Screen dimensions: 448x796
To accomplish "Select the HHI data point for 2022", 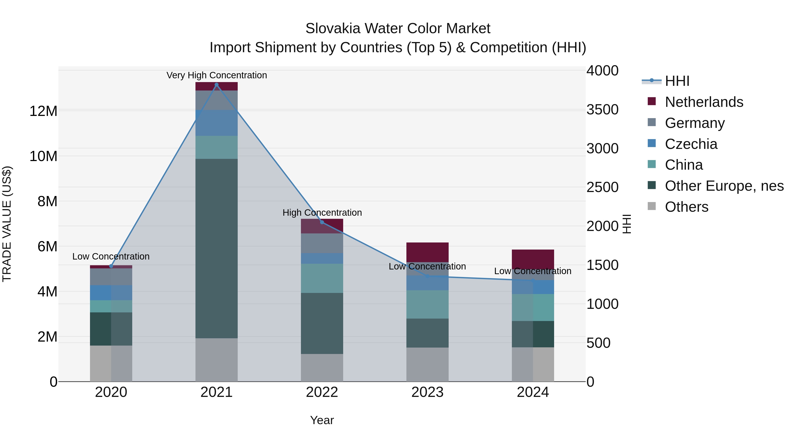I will click(322, 222).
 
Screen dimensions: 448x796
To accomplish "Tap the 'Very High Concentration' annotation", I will click(217, 75).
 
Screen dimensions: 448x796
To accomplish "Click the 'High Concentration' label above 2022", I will click(322, 213).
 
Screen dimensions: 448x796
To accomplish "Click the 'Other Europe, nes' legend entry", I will click(724, 186).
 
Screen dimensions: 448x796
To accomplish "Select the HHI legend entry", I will click(677, 81).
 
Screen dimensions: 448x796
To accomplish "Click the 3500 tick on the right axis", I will click(602, 110).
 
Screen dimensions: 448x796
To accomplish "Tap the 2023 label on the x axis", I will click(427, 392).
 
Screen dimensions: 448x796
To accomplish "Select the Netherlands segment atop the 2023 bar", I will click(427, 252).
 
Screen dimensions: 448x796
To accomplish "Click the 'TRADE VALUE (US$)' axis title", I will click(7, 224).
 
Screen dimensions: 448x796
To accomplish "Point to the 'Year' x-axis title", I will click(322, 420).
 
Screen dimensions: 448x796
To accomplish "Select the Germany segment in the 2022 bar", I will click(322, 243).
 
